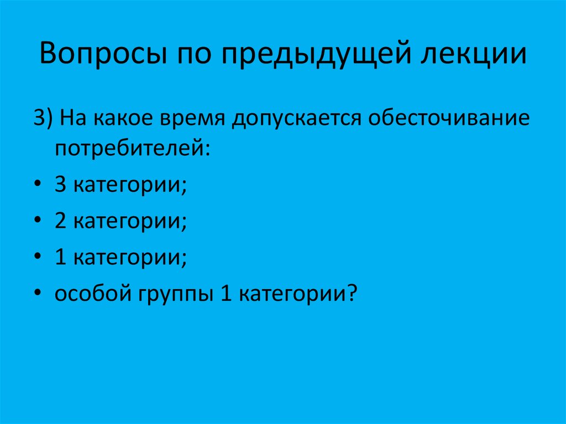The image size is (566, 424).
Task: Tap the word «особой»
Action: pyautogui.click(x=90, y=293)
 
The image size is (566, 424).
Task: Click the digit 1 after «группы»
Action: pyautogui.click(x=225, y=293)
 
